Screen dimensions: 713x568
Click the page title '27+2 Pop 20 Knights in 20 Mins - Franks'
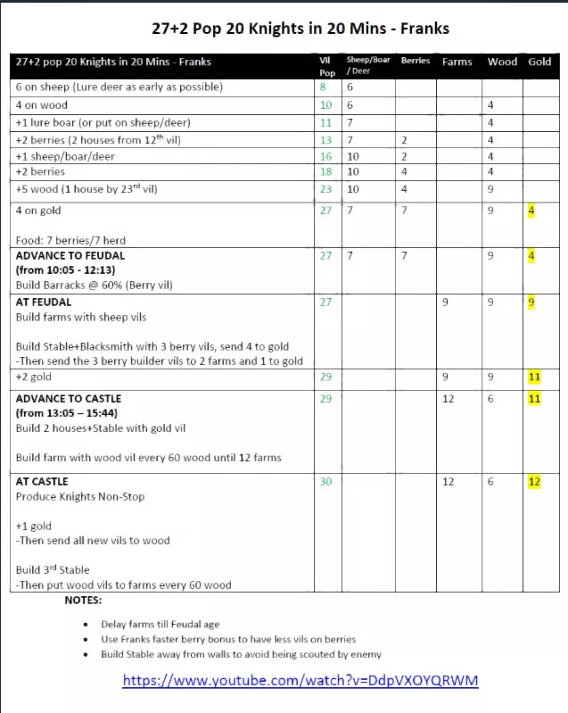[x=284, y=29]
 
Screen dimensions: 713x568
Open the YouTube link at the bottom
[x=300, y=680]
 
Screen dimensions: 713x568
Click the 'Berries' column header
[x=416, y=61]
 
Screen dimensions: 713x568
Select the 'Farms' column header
[x=457, y=62]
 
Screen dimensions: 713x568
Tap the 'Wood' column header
[x=502, y=62]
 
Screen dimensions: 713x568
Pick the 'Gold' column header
[x=539, y=62]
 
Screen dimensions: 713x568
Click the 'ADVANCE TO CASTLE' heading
[x=69, y=398]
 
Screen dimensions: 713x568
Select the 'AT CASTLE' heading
[x=42, y=481]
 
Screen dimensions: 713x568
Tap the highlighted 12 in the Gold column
[x=534, y=482]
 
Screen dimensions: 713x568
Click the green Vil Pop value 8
[x=323, y=87]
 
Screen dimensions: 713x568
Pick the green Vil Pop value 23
[x=325, y=189]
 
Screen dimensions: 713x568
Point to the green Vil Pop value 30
[x=325, y=482]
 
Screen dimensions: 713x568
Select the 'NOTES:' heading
[x=83, y=601]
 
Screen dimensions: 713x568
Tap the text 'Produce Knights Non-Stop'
[x=80, y=496]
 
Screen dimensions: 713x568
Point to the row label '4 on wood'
[x=43, y=105]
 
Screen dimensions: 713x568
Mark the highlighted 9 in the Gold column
[x=531, y=303]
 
